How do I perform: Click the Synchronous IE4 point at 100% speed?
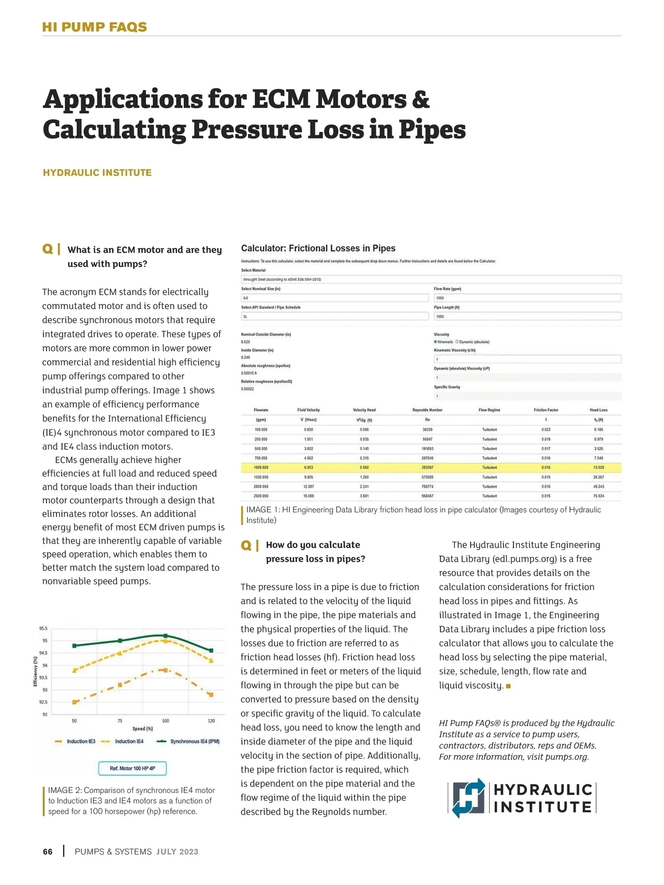pos(165,636)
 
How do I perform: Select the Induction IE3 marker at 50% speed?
pos(75,702)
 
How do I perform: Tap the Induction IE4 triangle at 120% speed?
pos(211,660)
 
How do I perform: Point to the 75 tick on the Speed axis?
pos(120,721)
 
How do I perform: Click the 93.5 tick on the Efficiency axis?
pos(43,677)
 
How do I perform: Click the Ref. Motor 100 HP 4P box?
pos(132,768)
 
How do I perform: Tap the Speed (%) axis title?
pos(143,729)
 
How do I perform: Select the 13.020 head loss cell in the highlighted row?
pos(599,467)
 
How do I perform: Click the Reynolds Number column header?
pos(427,410)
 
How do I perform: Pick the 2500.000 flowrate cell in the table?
pos(261,496)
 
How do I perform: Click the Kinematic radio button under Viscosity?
pos(436,342)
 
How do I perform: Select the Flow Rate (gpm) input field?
pos(527,298)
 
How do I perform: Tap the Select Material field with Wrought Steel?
pos(431,280)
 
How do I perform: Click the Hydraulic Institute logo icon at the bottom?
pos(468,798)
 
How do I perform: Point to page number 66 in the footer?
pos(48,852)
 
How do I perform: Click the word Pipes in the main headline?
pos(432,130)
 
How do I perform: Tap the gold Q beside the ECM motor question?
pos(48,249)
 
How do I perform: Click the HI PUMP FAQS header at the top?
pos(95,27)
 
